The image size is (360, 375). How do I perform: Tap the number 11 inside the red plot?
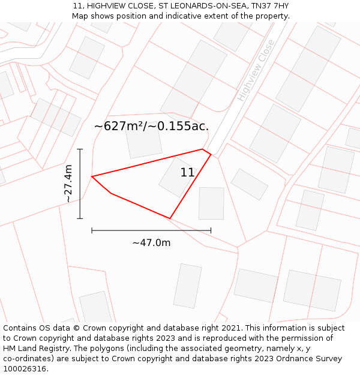[x=187, y=173]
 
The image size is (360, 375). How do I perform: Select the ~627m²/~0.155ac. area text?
[x=152, y=126]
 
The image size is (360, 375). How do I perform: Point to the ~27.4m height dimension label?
[x=68, y=183]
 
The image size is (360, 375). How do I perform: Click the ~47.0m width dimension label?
[x=151, y=242]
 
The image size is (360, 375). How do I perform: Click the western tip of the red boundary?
[x=92, y=176]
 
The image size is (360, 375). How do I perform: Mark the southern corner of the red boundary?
[x=170, y=218]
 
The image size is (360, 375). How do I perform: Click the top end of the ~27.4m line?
[x=80, y=149]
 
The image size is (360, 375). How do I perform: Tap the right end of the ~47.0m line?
[x=211, y=230]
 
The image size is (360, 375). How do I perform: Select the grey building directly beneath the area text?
[x=144, y=141]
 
